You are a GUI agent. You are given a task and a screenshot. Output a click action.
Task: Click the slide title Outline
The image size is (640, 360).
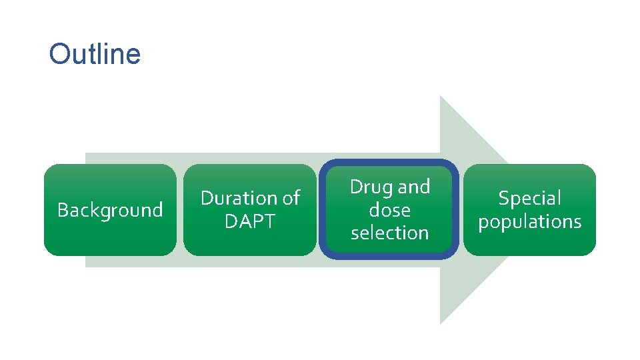coord(95,54)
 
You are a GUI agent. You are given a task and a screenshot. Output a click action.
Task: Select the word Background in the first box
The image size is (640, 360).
coord(110,210)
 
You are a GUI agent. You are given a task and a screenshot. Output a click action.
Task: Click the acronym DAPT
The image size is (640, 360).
coord(250,221)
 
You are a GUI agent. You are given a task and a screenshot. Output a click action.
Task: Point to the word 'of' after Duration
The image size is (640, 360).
coord(291,198)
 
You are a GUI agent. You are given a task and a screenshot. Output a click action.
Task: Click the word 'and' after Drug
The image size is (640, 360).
coord(414,187)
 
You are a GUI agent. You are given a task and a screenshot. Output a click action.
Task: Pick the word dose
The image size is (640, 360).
coord(390,210)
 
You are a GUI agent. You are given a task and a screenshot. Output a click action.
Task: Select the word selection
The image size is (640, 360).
coord(390,233)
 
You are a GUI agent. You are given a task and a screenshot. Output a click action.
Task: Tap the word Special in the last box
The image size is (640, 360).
coord(530,198)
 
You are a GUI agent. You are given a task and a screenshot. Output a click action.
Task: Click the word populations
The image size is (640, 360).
coord(530,221)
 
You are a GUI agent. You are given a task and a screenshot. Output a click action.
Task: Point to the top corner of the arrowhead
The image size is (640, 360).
coord(441,97)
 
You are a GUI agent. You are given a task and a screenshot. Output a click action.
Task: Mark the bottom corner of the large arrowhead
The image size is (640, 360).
coord(441,323)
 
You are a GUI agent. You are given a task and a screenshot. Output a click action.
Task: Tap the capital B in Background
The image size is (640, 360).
coord(63,210)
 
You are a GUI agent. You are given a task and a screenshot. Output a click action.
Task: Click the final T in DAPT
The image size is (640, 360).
coord(269,221)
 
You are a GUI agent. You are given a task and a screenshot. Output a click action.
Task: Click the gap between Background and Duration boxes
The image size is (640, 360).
coord(180,210)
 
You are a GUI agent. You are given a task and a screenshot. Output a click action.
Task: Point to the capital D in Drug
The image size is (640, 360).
coord(356,187)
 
